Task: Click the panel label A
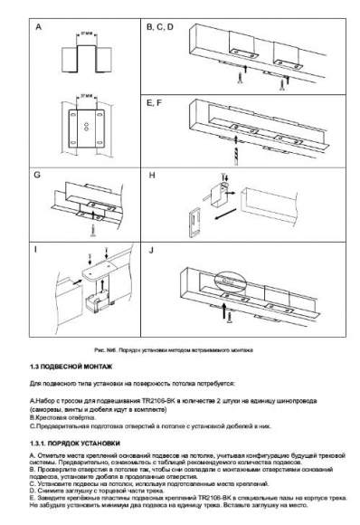pyautogui.click(x=38, y=27)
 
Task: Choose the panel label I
pyautogui.click(x=36, y=248)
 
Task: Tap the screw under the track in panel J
pyautogui.click(x=231, y=317)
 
